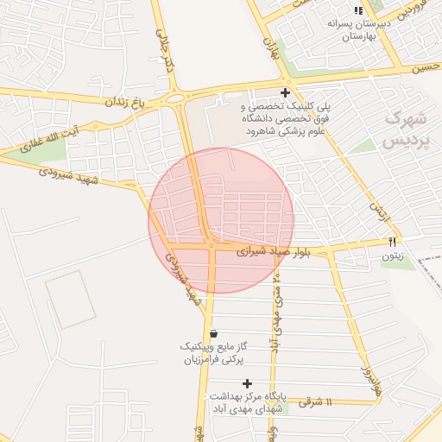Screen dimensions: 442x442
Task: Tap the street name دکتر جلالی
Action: click(x=167, y=47)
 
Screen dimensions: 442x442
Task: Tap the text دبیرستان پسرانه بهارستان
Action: click(x=359, y=30)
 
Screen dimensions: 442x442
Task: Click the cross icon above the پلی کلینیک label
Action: click(x=285, y=92)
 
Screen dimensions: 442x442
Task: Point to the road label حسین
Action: click(x=426, y=66)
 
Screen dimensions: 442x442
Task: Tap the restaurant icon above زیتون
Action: click(x=393, y=243)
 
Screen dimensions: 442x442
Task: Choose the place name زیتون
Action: click(x=393, y=256)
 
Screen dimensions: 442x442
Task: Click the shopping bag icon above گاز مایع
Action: click(x=213, y=333)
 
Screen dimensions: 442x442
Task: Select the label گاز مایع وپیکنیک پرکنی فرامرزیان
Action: click(x=214, y=352)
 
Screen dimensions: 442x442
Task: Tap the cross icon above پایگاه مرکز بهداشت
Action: click(x=248, y=383)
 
